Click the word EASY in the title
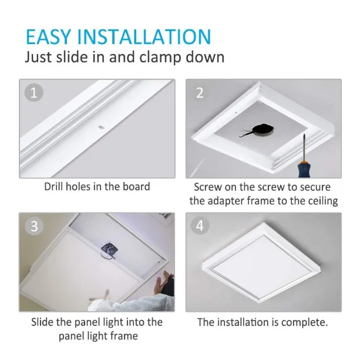(48, 37)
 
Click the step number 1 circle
(33, 93)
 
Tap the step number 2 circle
(200, 93)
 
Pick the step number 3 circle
(34, 226)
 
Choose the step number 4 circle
(200, 226)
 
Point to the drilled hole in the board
(101, 127)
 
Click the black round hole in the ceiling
(263, 129)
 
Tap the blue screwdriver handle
(305, 170)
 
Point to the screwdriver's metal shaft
(304, 148)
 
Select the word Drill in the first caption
(53, 187)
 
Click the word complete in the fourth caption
(304, 322)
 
